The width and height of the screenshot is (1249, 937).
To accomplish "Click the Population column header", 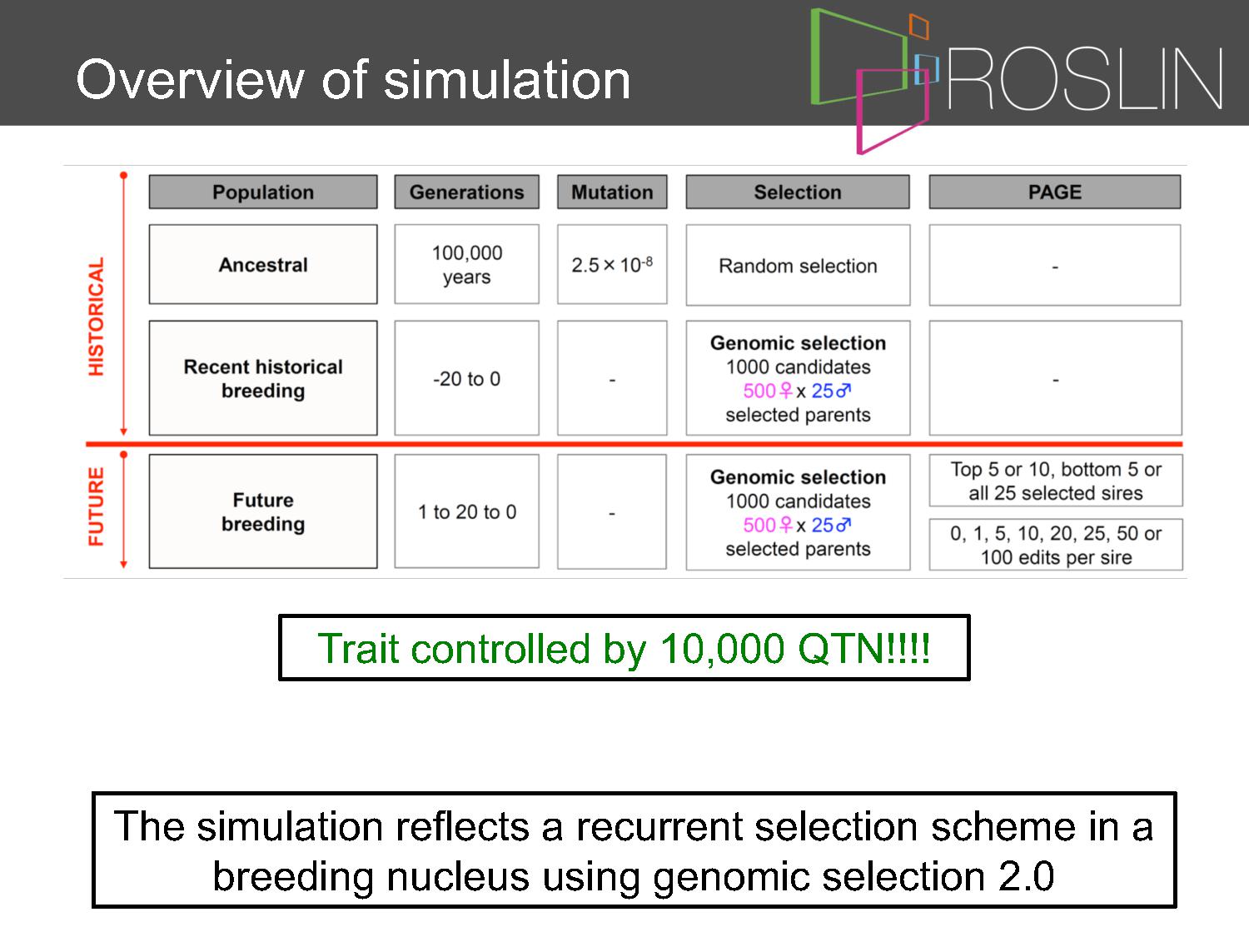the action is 263,192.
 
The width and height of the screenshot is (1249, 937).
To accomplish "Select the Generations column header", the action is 466,192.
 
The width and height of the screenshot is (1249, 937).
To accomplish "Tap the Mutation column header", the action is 612,192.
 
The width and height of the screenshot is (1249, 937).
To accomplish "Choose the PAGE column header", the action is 1055,192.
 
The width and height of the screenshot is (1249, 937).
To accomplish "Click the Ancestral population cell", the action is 263,265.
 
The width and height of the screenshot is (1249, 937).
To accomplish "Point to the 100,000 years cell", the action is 466,265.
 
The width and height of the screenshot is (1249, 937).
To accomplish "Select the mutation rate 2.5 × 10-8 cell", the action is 612,265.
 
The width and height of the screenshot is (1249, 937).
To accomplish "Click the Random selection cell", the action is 798,265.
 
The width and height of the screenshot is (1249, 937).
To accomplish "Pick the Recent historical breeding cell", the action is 263,378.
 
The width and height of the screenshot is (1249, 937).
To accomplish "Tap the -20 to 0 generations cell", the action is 466,378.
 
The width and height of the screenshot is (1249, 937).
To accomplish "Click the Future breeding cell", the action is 263,511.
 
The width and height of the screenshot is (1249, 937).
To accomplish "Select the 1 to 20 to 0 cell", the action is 466,511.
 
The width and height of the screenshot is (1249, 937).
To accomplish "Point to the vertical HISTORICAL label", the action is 96,316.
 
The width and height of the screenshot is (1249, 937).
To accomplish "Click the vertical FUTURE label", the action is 96,506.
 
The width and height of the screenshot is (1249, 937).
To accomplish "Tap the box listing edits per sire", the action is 1056,545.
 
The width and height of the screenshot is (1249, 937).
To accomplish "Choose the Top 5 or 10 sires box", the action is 1056,481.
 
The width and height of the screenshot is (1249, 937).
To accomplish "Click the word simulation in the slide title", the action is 506,80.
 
